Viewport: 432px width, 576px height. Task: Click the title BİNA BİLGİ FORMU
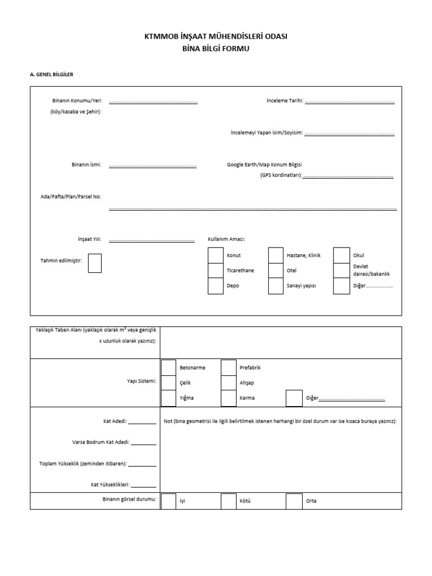pyautogui.click(x=216, y=49)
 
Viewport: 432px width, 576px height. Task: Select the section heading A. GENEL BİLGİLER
pyautogui.click(x=51, y=74)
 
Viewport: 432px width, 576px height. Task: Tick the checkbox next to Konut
pyautogui.click(x=215, y=255)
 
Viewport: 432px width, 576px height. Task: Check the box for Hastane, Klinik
pyautogui.click(x=276, y=255)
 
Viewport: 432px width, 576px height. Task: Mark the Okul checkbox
pyautogui.click(x=341, y=255)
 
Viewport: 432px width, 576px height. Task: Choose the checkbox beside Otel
pyautogui.click(x=276, y=271)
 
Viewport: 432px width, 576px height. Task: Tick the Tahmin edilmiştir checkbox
pyautogui.click(x=95, y=263)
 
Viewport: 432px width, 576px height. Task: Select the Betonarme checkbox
pyautogui.click(x=168, y=368)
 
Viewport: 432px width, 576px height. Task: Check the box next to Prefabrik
pyautogui.click(x=228, y=368)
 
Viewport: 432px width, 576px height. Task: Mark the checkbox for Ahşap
pyautogui.click(x=228, y=383)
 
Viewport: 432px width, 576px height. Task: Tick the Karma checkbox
pyautogui.click(x=228, y=398)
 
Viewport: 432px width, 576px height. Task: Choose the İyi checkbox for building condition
pyautogui.click(x=168, y=501)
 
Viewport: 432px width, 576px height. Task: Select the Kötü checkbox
pyautogui.click(x=228, y=501)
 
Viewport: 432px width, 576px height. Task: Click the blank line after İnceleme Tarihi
pyautogui.click(x=349, y=102)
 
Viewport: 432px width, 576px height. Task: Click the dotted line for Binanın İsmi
pyautogui.click(x=152, y=166)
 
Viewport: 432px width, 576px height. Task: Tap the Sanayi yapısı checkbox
pyautogui.click(x=276, y=286)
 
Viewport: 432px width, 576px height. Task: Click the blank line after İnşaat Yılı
pyautogui.click(x=151, y=240)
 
